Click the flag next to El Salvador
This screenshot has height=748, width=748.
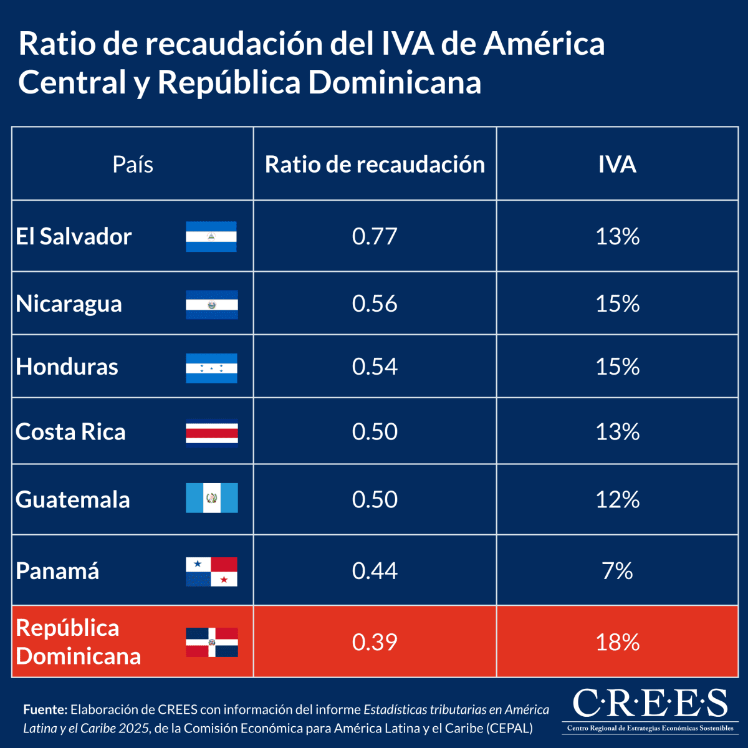[x=211, y=237]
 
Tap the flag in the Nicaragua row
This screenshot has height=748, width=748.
[x=211, y=304]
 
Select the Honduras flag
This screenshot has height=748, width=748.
[x=211, y=368]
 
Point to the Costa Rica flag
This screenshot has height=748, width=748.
[x=211, y=433]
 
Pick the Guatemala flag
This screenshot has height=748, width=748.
[x=211, y=498]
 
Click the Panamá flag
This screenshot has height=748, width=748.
[x=211, y=572]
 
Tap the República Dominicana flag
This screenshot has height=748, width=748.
[x=211, y=642]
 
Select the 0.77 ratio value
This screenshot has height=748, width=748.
[x=375, y=237]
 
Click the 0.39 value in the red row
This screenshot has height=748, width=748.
[x=375, y=642]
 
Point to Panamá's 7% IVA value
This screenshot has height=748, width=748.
[x=617, y=571]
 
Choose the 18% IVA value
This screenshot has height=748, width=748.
[x=617, y=642]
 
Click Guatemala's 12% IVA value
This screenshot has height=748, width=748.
[x=617, y=499]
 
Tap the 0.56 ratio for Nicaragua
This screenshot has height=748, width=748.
[x=375, y=304]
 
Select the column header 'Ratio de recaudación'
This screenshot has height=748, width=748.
[x=375, y=165]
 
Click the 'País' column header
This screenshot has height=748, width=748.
[x=133, y=165]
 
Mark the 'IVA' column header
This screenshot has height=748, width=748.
[x=617, y=165]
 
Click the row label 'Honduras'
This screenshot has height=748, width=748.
[x=67, y=367]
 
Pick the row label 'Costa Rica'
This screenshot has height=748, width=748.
[x=70, y=432]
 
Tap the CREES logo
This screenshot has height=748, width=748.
[x=650, y=709]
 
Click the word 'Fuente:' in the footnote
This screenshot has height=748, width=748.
[x=45, y=709]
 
